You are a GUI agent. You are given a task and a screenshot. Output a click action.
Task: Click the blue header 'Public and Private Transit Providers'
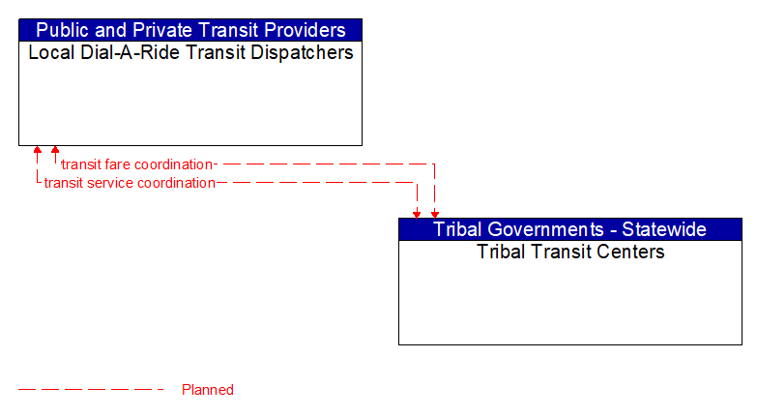pyautogui.click(x=190, y=30)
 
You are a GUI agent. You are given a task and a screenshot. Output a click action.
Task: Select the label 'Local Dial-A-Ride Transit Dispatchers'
pyautogui.click(x=190, y=52)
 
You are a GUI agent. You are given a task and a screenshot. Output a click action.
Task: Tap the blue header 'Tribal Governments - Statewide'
pyautogui.click(x=569, y=229)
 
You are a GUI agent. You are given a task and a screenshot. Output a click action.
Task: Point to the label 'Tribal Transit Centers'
pyautogui.click(x=570, y=252)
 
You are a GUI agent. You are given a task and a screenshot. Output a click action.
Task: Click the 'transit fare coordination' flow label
pyautogui.click(x=136, y=164)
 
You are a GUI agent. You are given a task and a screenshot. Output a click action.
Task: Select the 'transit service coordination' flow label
pyautogui.click(x=130, y=183)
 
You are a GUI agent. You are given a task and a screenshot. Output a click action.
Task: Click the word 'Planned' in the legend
pyautogui.click(x=208, y=390)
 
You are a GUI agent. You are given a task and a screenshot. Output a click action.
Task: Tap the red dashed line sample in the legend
pyautogui.click(x=92, y=390)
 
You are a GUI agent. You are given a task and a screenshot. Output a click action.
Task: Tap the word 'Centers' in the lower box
pyautogui.click(x=630, y=252)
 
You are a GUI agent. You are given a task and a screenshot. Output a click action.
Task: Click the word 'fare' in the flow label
pyautogui.click(x=119, y=164)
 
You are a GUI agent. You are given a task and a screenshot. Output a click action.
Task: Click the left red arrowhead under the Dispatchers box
pyautogui.click(x=37, y=151)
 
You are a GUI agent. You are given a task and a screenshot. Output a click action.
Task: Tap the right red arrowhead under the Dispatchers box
pyautogui.click(x=55, y=151)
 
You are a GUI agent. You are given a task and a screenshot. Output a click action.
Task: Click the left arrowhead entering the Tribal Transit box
pyautogui.click(x=417, y=214)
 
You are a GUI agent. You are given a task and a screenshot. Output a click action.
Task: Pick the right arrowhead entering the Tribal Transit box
pyautogui.click(x=435, y=214)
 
